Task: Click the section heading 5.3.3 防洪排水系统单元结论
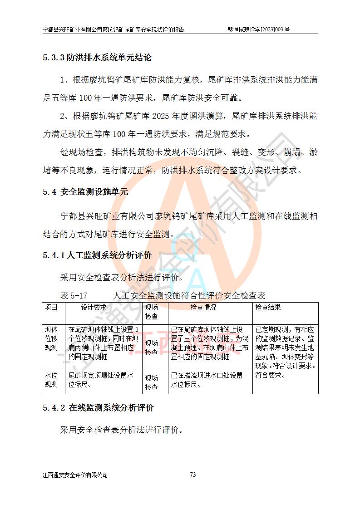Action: [x=97, y=58]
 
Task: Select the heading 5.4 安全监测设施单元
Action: [x=86, y=191]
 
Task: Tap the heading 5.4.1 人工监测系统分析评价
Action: [x=97, y=255]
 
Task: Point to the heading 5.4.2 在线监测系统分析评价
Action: [x=99, y=407]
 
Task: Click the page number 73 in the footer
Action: [x=192, y=475]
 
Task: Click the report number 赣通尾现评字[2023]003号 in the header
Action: [x=259, y=29]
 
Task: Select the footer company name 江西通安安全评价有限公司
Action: [x=75, y=475]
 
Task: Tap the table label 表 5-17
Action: [x=74, y=295]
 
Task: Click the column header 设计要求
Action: [x=94, y=307]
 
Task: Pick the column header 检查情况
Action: [x=203, y=307]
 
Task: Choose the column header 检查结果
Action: [x=268, y=307]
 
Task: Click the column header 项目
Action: [x=51, y=307]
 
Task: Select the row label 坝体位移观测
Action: [x=51, y=338]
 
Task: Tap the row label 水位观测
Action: [x=51, y=380]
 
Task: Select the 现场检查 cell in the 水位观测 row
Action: [x=152, y=382]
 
